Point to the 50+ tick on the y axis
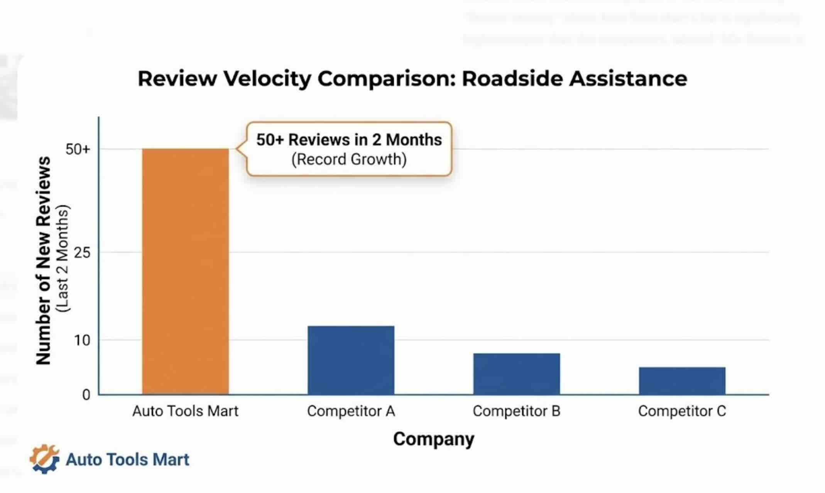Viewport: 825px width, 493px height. tap(78, 149)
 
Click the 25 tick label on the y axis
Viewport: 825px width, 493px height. tap(81, 253)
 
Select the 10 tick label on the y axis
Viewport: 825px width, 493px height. tap(81, 340)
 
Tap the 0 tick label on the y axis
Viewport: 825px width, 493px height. tap(86, 395)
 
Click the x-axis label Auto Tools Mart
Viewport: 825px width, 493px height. tap(185, 411)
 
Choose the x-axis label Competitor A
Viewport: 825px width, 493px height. tap(351, 411)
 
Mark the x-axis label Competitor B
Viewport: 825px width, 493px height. tap(516, 411)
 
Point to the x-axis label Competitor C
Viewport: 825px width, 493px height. tap(682, 411)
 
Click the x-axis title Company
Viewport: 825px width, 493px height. tap(434, 439)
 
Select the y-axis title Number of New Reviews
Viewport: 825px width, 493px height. tap(43, 260)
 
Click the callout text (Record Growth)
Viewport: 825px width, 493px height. tap(349, 159)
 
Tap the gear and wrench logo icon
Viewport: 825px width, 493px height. tap(44, 459)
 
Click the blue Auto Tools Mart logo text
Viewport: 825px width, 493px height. tap(127, 460)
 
